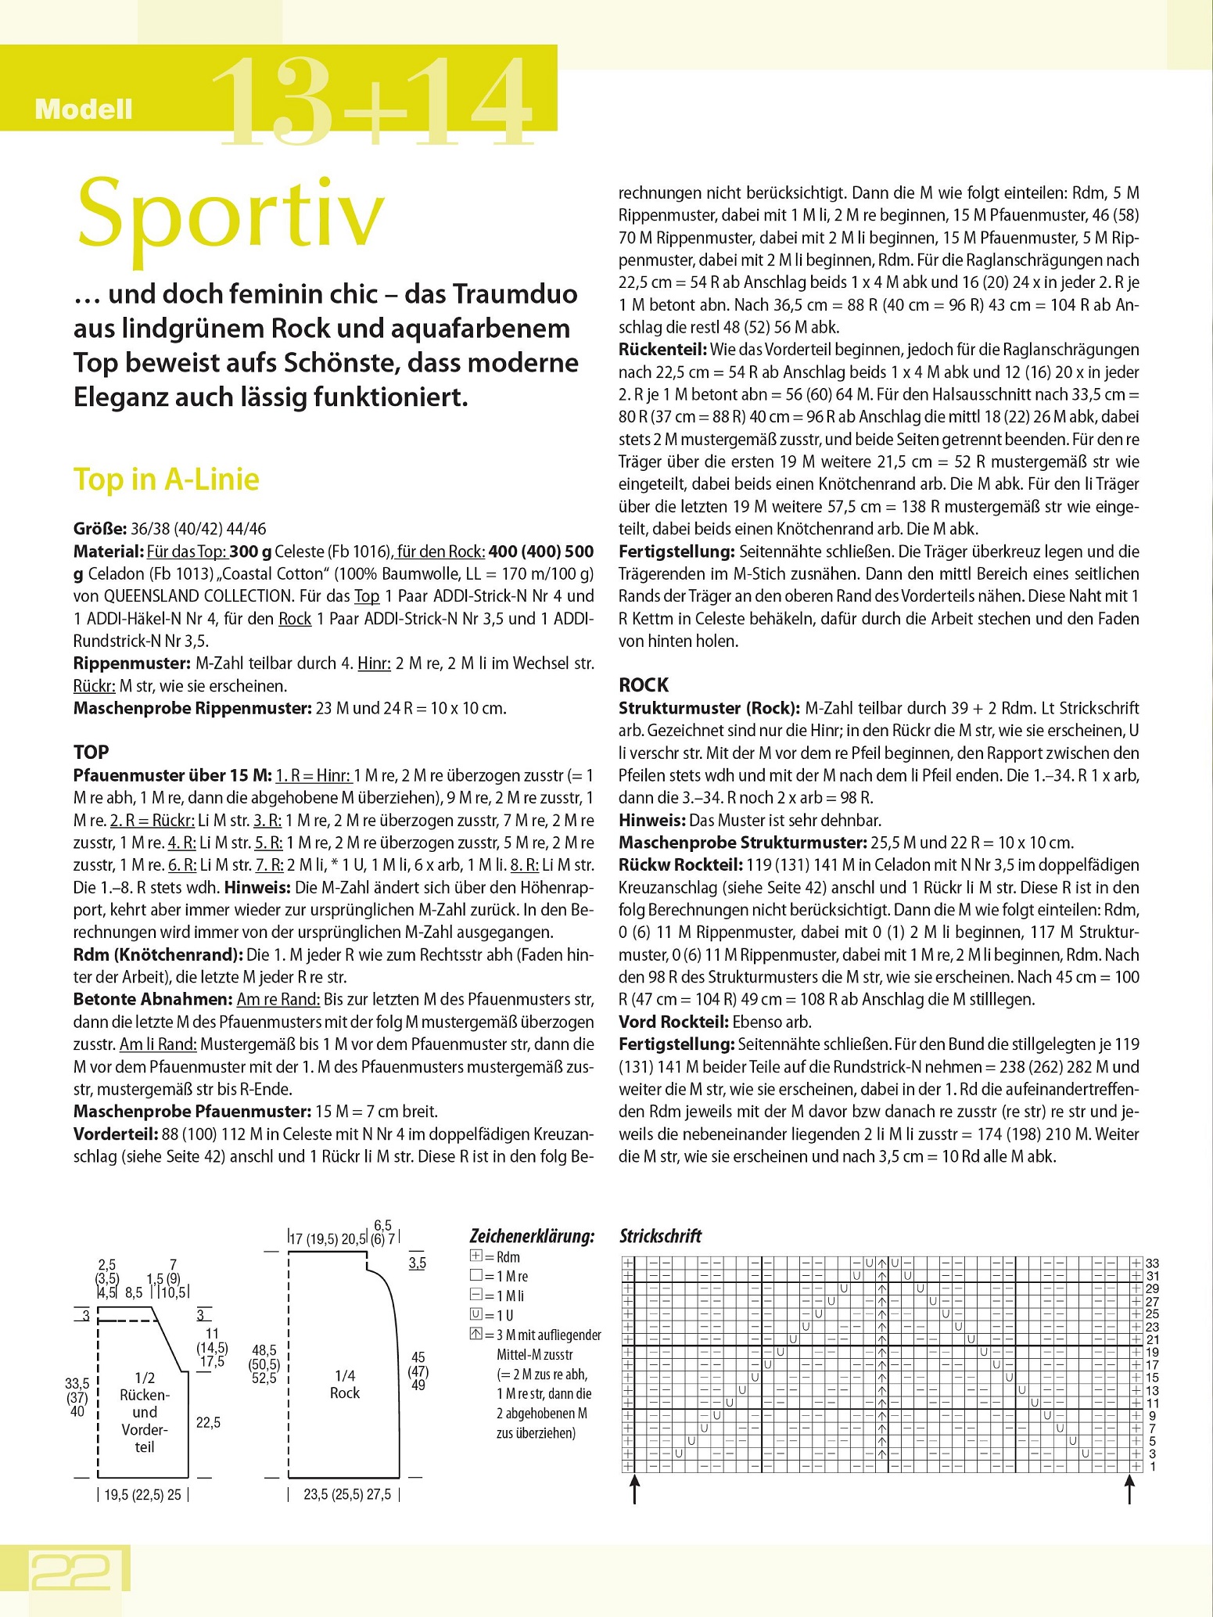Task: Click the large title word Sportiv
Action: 231,213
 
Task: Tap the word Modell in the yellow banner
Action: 84,110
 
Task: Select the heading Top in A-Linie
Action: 166,479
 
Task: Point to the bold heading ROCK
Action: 644,685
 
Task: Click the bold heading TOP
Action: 91,752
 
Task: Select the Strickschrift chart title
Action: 660,1237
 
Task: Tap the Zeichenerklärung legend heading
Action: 531,1237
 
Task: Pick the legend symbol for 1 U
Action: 476,1315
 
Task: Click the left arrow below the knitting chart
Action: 634,1489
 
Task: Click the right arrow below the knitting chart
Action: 1129,1489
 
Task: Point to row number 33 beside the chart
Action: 1152,1263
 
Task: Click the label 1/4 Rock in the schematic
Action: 345,1384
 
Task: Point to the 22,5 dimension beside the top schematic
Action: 208,1422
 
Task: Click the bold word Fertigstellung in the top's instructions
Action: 676,551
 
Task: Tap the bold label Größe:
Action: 98,529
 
